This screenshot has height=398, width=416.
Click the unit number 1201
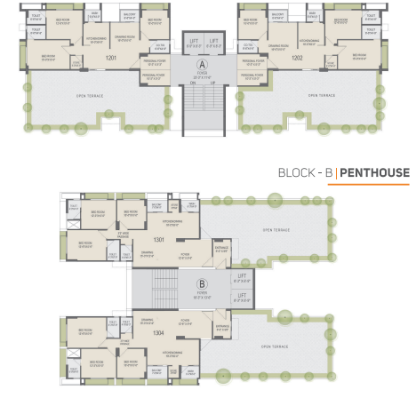[x=111, y=58]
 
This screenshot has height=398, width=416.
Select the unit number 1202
[x=296, y=58]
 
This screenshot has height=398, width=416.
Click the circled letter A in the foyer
[x=203, y=65]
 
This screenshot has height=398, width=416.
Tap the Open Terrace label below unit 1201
[x=92, y=96]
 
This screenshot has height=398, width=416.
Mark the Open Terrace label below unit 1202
[x=319, y=96]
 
